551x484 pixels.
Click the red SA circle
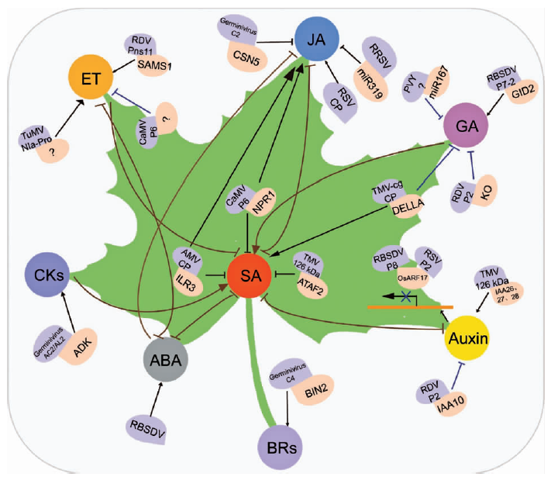pos(250,276)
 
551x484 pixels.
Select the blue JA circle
pos(317,39)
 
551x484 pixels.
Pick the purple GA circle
pos(466,125)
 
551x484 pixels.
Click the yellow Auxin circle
pos(467,338)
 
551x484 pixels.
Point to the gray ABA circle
pos(166,359)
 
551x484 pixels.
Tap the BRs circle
pos(281,448)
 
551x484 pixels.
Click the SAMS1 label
pos(154,64)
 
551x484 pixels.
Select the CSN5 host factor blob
pos(247,57)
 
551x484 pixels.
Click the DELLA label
pos(408,207)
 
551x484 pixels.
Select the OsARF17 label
pos(412,278)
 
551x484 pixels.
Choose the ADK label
pos(83,347)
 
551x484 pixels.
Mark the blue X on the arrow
pos(406,297)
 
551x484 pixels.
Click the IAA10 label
pos(451,405)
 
